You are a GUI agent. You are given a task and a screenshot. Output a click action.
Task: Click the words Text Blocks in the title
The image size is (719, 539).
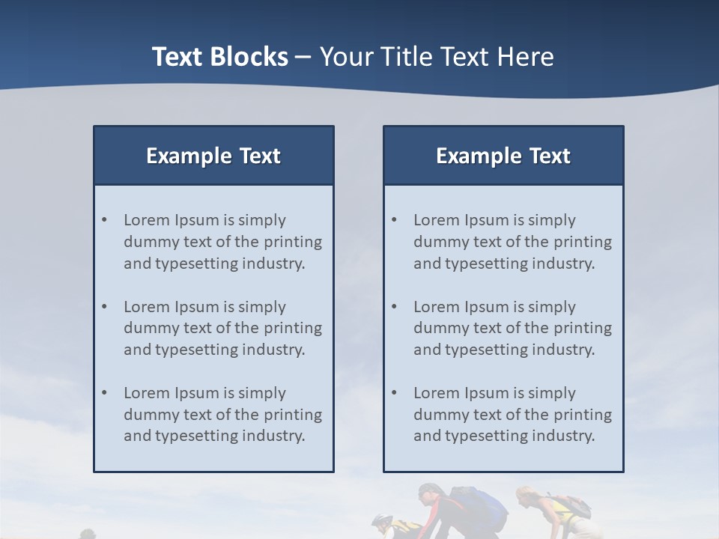(x=219, y=57)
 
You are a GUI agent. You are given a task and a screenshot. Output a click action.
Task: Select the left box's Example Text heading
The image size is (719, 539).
(x=213, y=156)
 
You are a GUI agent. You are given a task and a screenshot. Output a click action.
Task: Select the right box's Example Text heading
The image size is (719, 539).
(x=503, y=156)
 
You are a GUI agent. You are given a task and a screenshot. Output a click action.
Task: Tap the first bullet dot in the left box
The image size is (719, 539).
(x=105, y=220)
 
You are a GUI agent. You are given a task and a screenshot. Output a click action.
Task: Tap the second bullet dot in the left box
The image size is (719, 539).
(x=105, y=307)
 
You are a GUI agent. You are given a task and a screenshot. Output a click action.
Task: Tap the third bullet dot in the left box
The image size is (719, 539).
(x=105, y=393)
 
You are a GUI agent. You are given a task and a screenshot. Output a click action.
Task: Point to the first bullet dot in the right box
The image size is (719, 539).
(x=395, y=220)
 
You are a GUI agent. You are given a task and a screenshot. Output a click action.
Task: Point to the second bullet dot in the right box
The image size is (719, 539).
(x=395, y=307)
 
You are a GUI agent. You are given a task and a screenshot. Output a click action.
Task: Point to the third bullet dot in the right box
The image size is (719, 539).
(x=395, y=393)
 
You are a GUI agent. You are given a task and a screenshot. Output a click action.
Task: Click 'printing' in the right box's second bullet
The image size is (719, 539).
(x=583, y=328)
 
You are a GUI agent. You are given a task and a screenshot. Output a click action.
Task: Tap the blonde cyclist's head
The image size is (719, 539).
(x=525, y=495)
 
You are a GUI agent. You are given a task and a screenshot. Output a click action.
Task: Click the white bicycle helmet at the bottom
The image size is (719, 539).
(x=382, y=520)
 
